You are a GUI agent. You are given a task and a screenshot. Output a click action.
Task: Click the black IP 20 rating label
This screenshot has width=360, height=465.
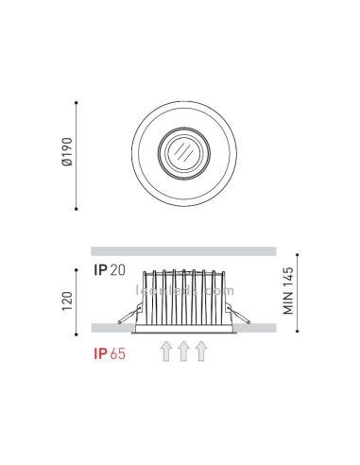point(109,270)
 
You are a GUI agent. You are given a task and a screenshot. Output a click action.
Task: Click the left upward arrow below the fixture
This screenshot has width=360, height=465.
point(166,352)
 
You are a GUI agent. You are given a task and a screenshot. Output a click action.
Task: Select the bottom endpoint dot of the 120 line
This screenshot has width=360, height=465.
point(77,330)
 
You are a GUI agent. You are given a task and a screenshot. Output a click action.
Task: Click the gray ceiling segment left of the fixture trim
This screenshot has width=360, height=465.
point(109,326)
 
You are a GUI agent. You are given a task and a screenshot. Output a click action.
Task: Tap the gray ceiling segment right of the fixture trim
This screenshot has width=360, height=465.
point(255,326)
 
